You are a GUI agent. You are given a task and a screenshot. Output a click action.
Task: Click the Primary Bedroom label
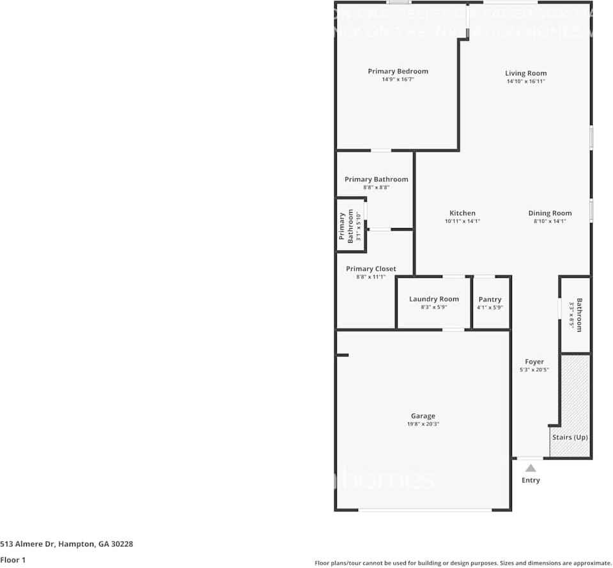pos(398,71)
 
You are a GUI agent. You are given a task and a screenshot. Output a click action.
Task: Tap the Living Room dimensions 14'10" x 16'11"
pos(525,82)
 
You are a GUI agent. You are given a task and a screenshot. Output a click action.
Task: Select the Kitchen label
pos(462,213)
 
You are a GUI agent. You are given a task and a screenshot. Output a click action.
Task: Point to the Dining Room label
pos(550,213)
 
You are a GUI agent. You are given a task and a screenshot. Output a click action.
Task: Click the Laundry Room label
pos(434,299)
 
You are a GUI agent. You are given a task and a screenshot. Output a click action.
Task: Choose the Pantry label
pos(490,299)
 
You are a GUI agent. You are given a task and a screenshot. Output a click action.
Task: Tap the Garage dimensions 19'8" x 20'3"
pos(423,424)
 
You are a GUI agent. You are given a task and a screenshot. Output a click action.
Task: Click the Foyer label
pos(534,362)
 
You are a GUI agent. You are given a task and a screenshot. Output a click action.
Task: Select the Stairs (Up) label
pos(569,437)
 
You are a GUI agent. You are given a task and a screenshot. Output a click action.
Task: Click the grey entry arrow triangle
pos(531,468)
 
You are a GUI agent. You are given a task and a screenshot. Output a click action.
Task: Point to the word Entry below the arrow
pos(531,480)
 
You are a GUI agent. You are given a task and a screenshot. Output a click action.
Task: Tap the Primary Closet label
pos(371,269)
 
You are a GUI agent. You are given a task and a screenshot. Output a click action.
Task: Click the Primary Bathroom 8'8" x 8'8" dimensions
pos(376,188)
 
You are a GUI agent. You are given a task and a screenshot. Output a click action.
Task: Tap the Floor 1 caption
pos(13,560)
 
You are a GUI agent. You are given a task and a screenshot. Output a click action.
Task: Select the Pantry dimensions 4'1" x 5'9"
pos(490,307)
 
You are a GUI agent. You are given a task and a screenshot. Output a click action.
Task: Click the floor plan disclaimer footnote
pos(463,563)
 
